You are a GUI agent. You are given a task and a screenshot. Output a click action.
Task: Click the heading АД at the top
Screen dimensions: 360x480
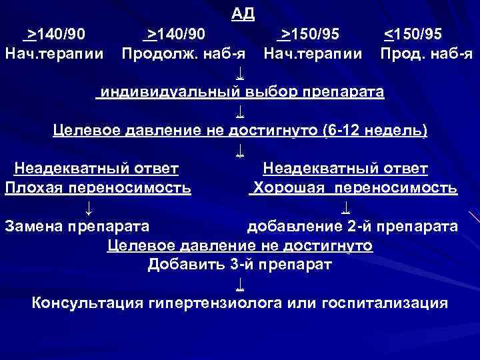pos(242,13)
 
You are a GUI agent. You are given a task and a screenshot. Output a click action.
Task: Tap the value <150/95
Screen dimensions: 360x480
pos(412,33)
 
